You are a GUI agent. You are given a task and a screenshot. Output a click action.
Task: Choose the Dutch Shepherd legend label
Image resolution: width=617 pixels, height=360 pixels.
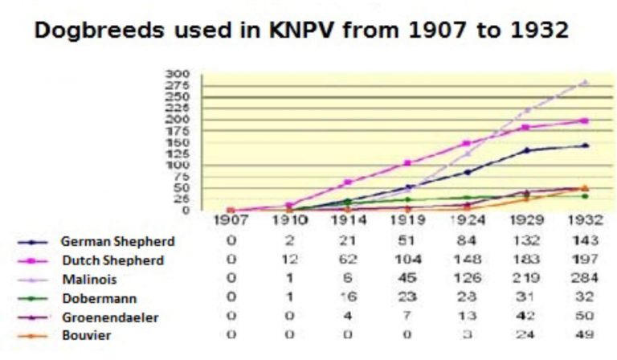click(112, 260)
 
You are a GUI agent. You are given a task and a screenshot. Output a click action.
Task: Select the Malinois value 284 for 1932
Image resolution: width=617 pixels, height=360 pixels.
click(585, 278)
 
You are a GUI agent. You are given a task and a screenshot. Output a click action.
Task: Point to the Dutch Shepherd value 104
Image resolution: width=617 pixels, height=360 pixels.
click(408, 260)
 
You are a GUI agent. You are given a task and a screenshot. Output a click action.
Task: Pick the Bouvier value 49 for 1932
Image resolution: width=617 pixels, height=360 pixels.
click(585, 334)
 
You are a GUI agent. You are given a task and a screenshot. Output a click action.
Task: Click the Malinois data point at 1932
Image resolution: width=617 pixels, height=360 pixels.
click(584, 82)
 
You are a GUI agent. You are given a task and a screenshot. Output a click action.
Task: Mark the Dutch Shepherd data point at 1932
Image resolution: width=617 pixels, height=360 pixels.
click(584, 121)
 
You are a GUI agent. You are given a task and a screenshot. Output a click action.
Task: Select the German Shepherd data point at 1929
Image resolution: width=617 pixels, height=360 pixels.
click(527, 150)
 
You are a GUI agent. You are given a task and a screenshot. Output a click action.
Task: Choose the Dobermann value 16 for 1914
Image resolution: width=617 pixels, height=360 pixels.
click(349, 297)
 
